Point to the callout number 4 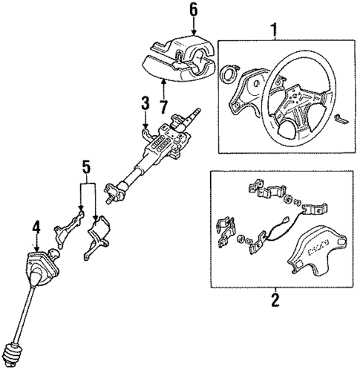pos(34,227)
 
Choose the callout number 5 pos(88,169)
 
